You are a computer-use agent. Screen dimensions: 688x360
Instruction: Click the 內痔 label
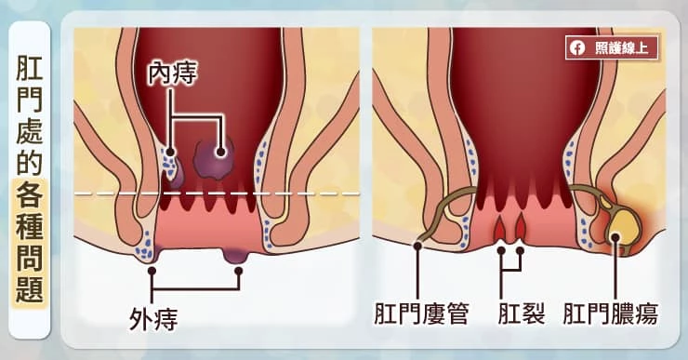[x=172, y=73]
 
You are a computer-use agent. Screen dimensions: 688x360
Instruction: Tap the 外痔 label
[x=153, y=318]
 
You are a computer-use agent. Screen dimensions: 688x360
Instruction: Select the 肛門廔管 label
[x=421, y=313]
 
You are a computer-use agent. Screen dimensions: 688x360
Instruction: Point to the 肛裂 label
[x=522, y=313]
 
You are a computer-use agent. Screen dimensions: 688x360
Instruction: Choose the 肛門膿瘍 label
[x=610, y=313]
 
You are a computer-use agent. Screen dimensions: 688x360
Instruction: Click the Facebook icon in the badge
[x=577, y=47]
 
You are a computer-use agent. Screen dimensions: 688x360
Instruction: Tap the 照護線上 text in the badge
[x=621, y=47]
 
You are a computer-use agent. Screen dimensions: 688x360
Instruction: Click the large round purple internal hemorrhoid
[x=214, y=159]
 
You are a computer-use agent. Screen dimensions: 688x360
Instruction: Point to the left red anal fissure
[x=500, y=227]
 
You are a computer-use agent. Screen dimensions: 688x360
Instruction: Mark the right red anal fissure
[x=521, y=227]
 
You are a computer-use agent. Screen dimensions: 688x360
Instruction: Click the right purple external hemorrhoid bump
[x=236, y=255]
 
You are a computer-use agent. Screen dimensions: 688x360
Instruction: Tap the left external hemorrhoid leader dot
[x=152, y=271]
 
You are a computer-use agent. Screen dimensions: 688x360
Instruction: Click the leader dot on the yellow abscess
[x=615, y=238]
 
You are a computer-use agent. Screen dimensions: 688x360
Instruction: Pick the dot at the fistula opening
[x=417, y=247]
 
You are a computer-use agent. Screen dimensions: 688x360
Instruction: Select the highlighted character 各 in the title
[x=30, y=195]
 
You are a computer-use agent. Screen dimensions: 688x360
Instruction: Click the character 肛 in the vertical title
[x=30, y=68]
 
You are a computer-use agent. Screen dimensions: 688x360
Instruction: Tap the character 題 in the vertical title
[x=30, y=289]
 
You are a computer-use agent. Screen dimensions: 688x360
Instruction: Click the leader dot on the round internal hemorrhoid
[x=221, y=153]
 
